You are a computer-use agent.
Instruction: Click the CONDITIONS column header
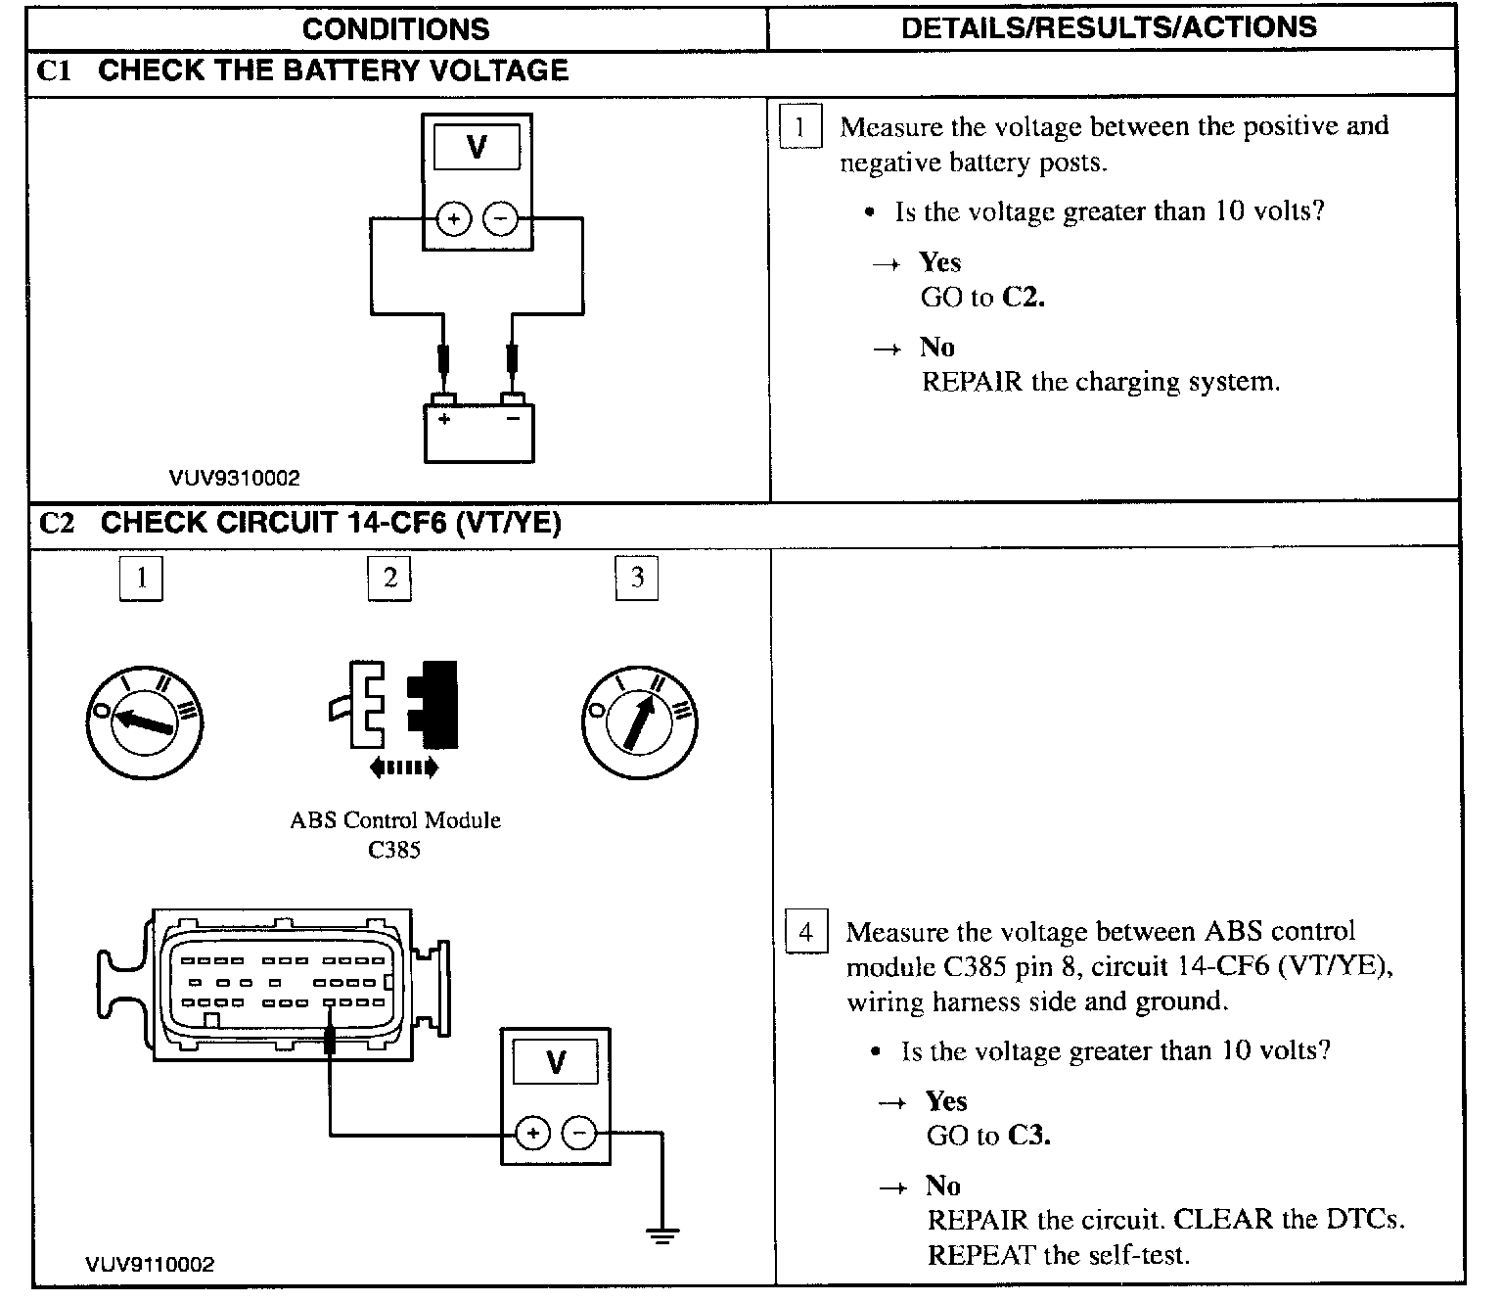pyautogui.click(x=395, y=29)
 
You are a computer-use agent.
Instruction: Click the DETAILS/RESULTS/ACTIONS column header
pyautogui.click(x=1109, y=27)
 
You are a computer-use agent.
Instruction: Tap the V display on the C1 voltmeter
pyautogui.click(x=477, y=147)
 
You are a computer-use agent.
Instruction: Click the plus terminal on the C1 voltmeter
pyautogui.click(x=453, y=217)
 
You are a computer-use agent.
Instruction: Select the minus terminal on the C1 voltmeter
pyautogui.click(x=501, y=217)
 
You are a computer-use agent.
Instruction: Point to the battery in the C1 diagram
pyautogui.click(x=478, y=431)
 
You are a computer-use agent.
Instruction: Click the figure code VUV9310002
pyautogui.click(x=235, y=479)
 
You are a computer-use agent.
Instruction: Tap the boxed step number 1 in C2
pyautogui.click(x=141, y=578)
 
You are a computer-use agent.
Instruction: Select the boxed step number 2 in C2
pyautogui.click(x=389, y=578)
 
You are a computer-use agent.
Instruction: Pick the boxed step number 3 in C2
pyautogui.click(x=637, y=578)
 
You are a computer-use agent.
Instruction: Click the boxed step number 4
pyautogui.click(x=806, y=931)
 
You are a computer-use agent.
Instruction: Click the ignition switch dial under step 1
pyautogui.click(x=145, y=721)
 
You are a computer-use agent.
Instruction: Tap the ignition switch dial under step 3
pyautogui.click(x=640, y=722)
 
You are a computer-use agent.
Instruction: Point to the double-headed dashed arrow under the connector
pyautogui.click(x=403, y=768)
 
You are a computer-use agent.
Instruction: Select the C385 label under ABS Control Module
pyautogui.click(x=394, y=850)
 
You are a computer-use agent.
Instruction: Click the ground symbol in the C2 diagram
pyautogui.click(x=662, y=1235)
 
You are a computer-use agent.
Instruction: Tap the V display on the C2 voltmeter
pyautogui.click(x=556, y=1062)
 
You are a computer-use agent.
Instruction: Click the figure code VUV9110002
pyautogui.click(x=150, y=1265)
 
